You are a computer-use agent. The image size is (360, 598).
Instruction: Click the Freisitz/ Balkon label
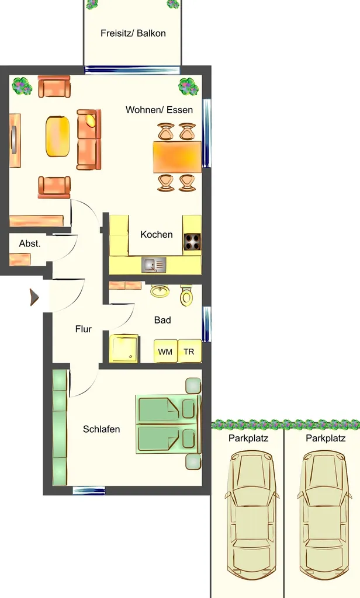133,33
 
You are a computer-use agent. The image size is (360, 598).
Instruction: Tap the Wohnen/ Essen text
159,110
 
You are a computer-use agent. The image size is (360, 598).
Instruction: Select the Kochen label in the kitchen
157,234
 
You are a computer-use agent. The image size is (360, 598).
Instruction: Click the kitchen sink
154,265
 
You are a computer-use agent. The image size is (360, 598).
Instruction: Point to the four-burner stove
193,241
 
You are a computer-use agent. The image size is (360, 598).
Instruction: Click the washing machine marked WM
166,351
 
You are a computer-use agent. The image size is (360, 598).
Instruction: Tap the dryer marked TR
189,351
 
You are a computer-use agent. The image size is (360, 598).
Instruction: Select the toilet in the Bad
186,295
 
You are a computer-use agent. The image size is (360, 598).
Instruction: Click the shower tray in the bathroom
124,349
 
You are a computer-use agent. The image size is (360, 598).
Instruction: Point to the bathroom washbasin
161,291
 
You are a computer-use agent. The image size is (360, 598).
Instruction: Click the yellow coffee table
58,136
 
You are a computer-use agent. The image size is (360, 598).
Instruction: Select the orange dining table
177,157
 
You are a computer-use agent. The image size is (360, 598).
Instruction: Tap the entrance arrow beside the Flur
34,297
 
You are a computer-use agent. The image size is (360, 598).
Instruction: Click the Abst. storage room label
30,244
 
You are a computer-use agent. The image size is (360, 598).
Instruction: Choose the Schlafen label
102,429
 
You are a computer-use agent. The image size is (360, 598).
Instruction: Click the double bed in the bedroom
168,424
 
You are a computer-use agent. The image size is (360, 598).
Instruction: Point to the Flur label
83,329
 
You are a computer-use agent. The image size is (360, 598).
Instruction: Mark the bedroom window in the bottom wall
89,491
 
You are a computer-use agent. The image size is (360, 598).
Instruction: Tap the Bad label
162,320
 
